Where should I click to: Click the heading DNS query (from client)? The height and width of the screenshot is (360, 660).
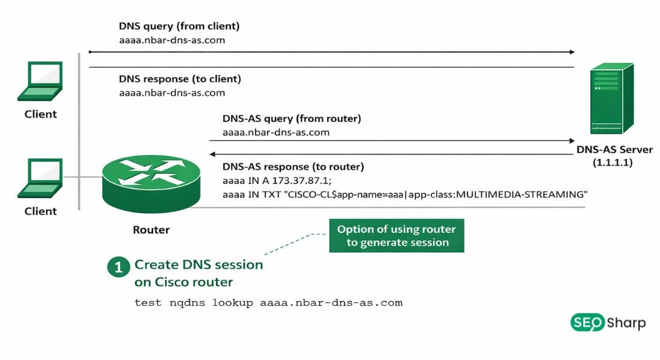(179, 26)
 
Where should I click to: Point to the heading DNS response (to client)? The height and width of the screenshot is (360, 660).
(179, 79)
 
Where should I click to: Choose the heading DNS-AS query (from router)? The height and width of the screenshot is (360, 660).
(292, 118)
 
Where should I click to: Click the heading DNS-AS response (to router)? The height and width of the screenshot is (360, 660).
(293, 167)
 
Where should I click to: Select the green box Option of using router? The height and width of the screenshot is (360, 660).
(396, 236)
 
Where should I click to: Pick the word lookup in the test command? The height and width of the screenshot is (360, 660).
(233, 302)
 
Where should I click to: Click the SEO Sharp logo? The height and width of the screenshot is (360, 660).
(607, 323)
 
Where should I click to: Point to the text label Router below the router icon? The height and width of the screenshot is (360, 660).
(151, 230)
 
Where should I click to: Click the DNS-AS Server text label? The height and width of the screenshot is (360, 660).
(614, 149)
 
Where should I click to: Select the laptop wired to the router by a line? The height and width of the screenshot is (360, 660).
(41, 178)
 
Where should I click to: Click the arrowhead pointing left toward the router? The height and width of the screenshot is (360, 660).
(212, 154)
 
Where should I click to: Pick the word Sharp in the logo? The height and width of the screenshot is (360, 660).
(626, 323)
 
